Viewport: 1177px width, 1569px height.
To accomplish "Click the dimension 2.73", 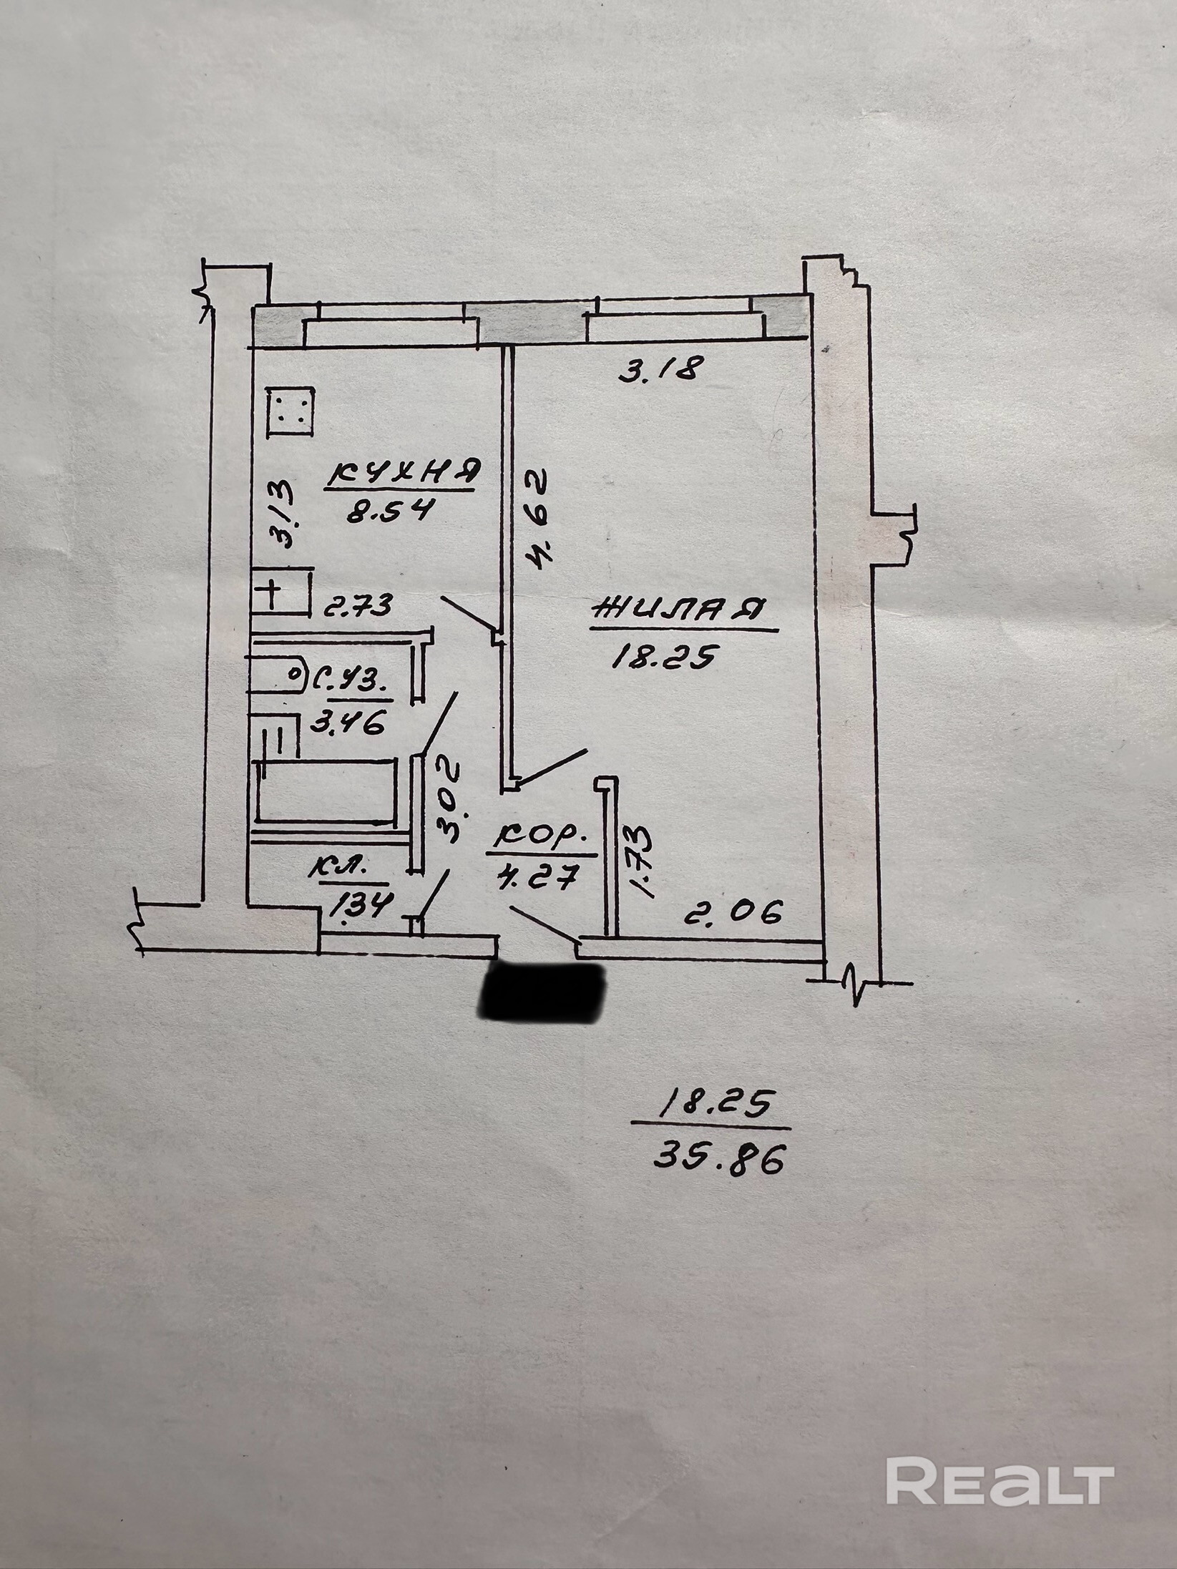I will point(358,606).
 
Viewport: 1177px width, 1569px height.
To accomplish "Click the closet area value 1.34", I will point(358,907).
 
